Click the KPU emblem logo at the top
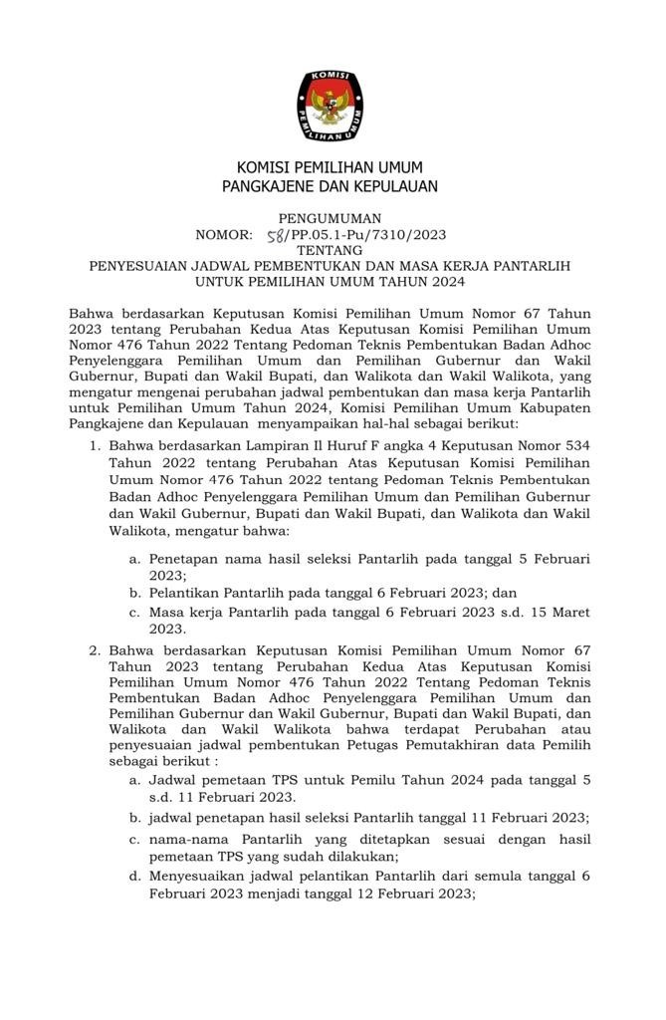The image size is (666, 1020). [x=330, y=105]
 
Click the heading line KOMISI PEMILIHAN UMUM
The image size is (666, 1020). [x=330, y=166]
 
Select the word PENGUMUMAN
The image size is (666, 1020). [x=330, y=218]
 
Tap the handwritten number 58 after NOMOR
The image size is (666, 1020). [x=274, y=235]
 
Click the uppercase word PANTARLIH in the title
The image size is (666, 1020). [x=537, y=267]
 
